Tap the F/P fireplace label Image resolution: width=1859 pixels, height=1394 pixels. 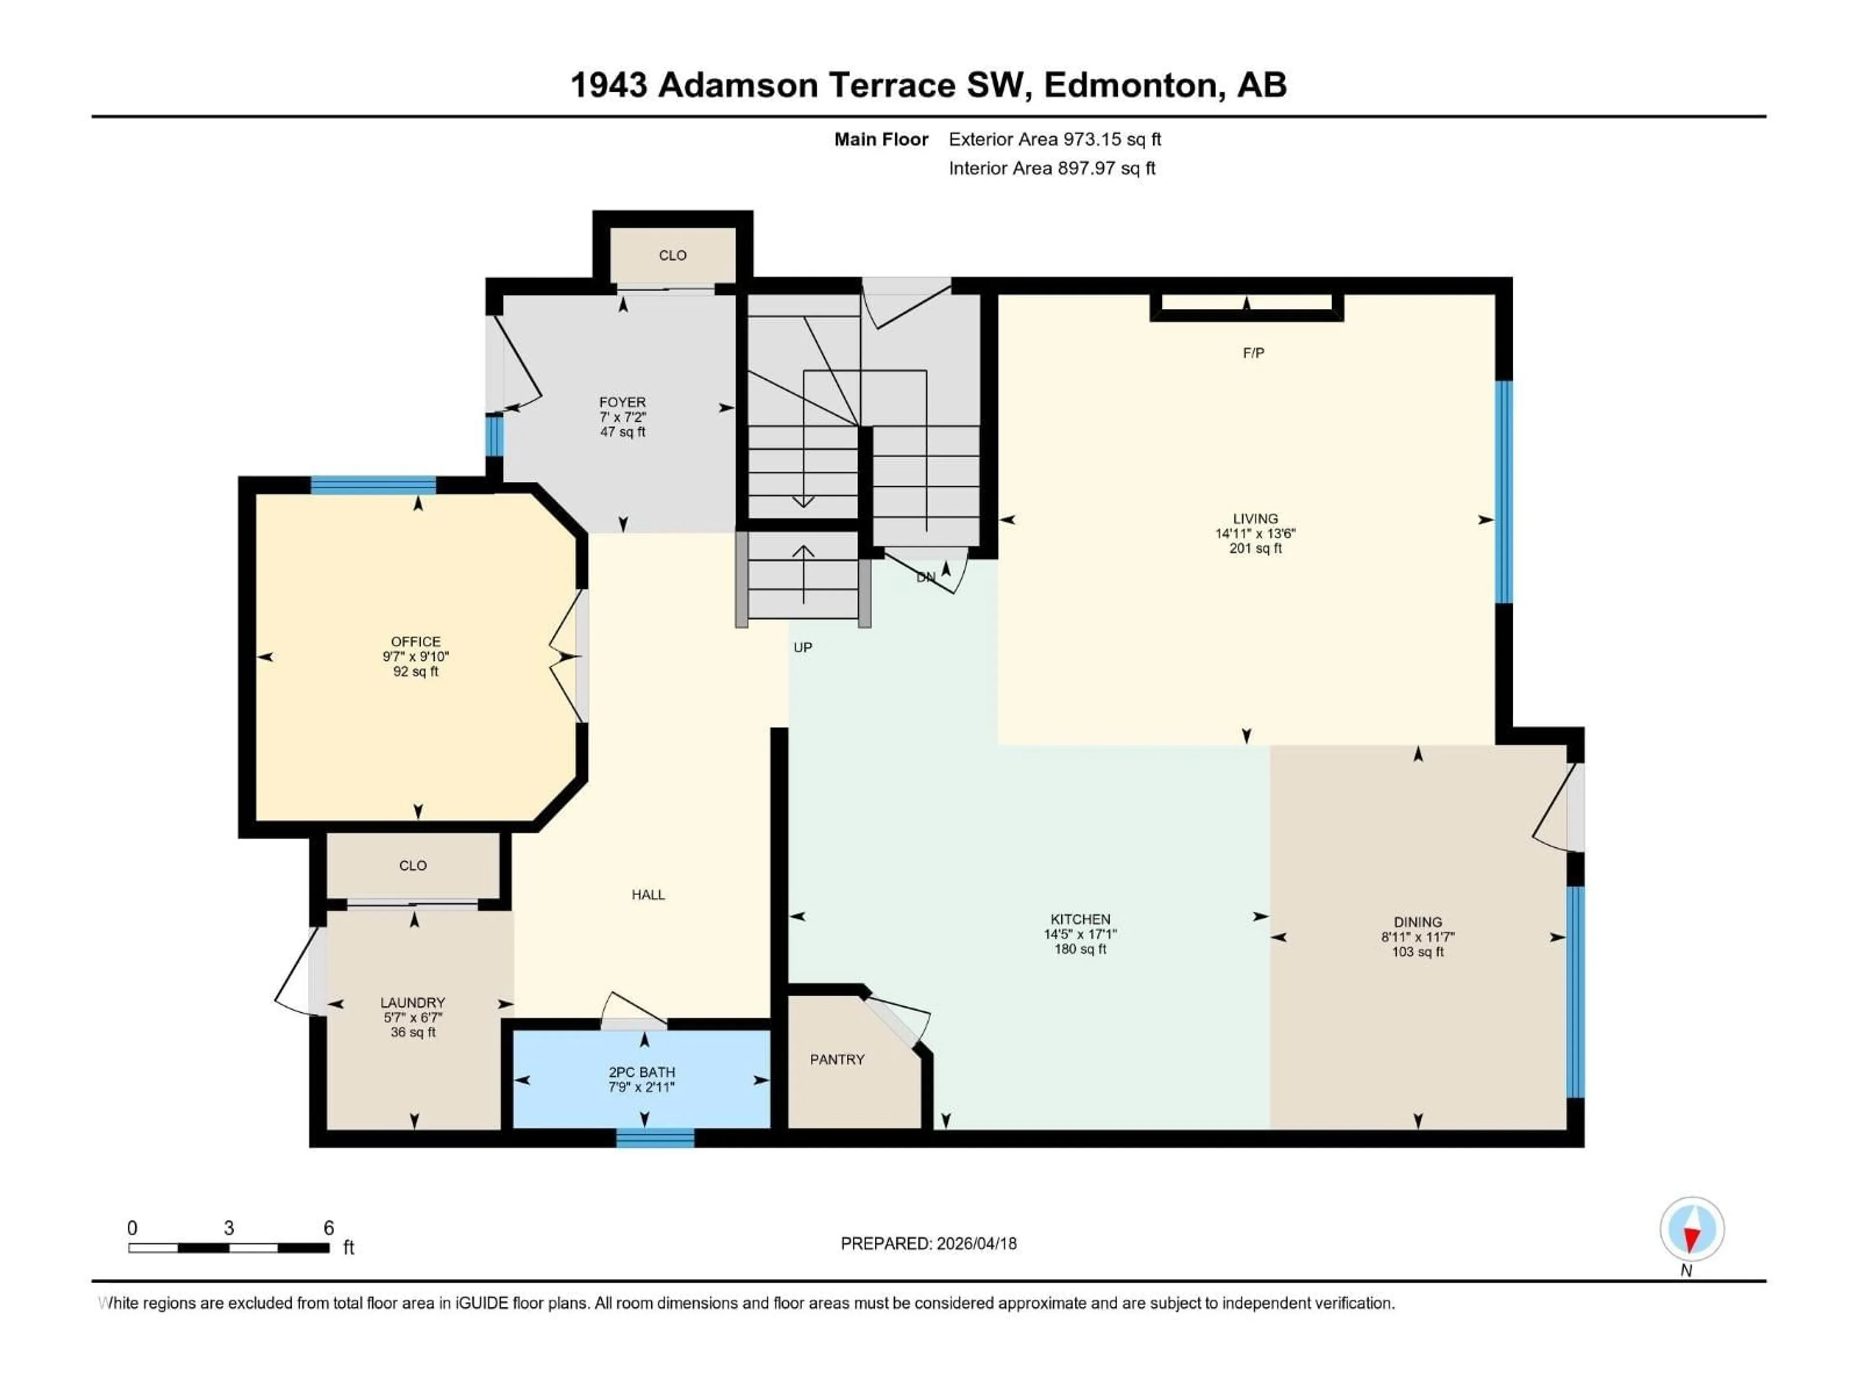click(1253, 353)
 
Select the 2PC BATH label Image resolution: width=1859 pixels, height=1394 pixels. click(641, 1072)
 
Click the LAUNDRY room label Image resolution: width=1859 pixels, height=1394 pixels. click(412, 1002)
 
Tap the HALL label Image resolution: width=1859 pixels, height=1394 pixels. click(648, 895)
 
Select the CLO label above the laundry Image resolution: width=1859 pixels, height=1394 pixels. click(412, 865)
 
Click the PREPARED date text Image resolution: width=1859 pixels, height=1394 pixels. click(928, 1243)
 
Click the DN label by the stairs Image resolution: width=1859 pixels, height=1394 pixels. click(925, 577)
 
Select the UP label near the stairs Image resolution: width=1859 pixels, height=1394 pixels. click(803, 648)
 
